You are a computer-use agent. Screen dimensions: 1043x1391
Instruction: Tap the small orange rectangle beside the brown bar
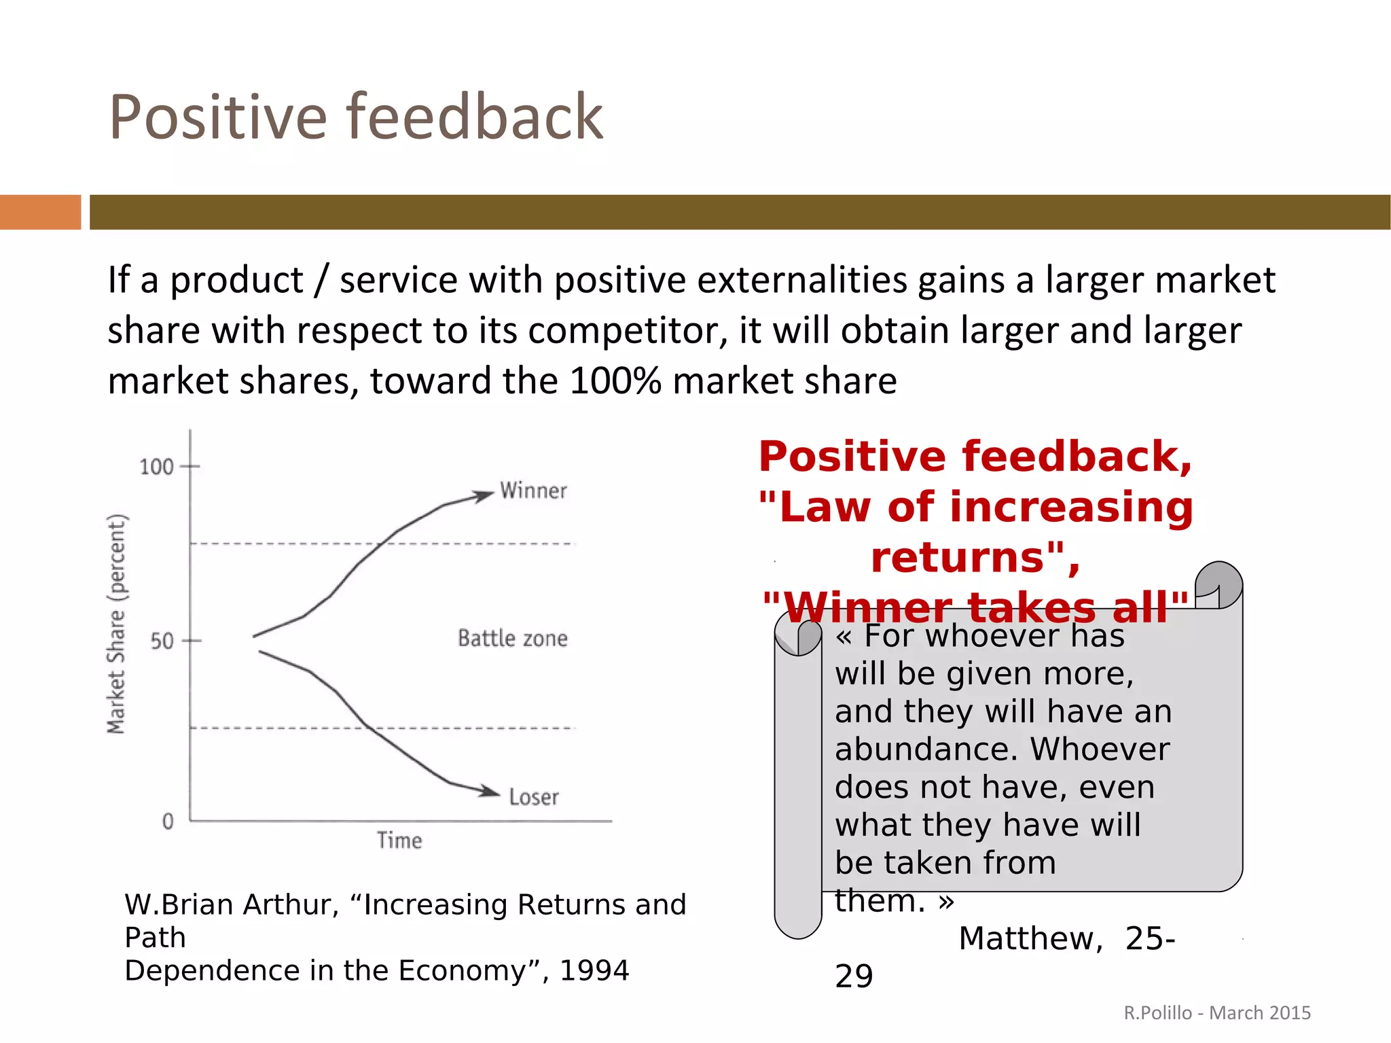tap(40, 212)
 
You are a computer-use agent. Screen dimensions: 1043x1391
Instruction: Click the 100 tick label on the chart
tap(156, 467)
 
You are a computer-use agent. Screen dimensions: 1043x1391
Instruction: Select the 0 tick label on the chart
tap(168, 821)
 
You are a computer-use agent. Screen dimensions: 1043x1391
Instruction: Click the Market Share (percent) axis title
tap(117, 624)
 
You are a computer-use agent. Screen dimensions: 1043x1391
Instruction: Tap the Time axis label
tap(399, 841)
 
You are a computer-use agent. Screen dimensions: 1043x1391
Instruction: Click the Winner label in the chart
tap(533, 491)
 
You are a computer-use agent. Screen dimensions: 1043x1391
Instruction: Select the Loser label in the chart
tap(534, 797)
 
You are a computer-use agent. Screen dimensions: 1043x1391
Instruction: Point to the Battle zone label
tap(512, 638)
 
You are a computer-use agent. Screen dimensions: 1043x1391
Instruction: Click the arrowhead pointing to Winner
tap(484, 495)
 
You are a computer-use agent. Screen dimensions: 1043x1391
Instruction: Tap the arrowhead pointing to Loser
tap(489, 791)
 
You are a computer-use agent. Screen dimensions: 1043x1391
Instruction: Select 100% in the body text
tap(615, 381)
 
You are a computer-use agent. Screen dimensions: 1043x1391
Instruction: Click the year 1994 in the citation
tap(594, 970)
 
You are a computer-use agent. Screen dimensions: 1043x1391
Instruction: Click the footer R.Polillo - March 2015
tap(1217, 1012)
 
